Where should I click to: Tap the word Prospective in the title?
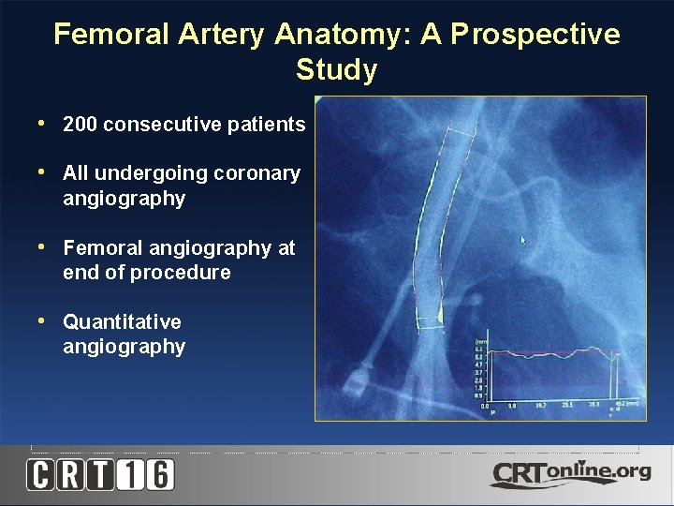click(535, 35)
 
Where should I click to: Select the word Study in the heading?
click(336, 70)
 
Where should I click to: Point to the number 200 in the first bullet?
click(80, 125)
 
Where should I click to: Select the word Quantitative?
click(122, 322)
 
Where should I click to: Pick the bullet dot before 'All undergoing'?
click(40, 173)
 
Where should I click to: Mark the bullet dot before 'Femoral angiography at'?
click(40, 247)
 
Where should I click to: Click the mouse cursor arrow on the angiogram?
click(524, 241)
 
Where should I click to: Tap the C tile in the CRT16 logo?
click(41, 474)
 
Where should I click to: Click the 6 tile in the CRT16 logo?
click(159, 474)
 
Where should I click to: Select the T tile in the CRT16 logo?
click(100, 474)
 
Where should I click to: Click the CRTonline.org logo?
click(570, 473)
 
